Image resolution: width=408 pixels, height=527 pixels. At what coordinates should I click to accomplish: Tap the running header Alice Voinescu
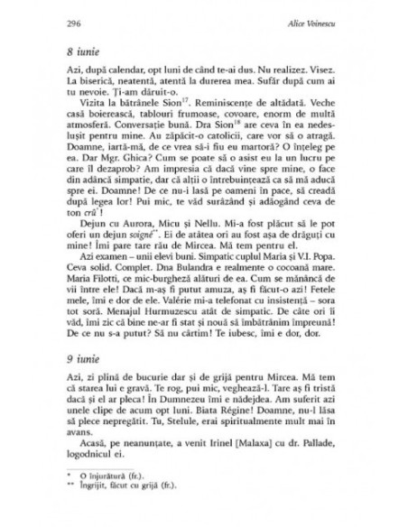pyautogui.click(x=313, y=25)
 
